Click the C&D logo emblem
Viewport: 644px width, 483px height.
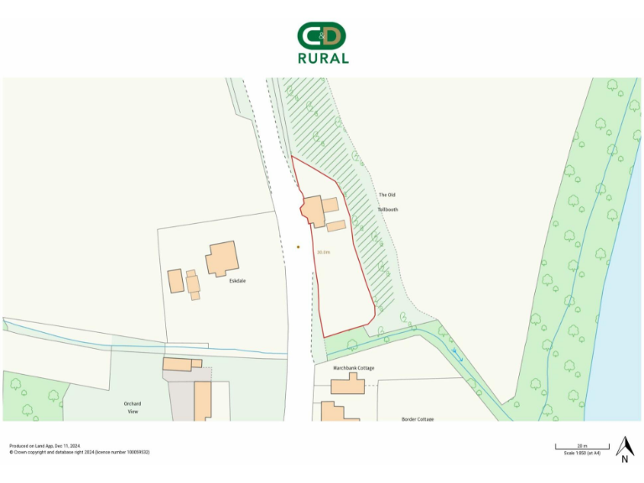click(322, 35)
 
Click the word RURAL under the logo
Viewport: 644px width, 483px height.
click(323, 59)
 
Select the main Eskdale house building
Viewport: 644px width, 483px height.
click(222, 258)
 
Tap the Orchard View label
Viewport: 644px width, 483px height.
click(132, 408)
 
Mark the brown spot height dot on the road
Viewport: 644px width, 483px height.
click(298, 247)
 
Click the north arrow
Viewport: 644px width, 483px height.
click(624, 449)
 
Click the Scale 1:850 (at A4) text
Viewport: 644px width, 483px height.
click(581, 453)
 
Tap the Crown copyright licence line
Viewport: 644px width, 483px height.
click(80, 452)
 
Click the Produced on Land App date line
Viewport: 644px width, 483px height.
click(44, 446)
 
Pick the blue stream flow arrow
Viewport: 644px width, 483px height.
click(457, 355)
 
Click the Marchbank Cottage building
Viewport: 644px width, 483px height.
click(347, 385)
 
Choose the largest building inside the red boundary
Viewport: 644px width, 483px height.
click(313, 210)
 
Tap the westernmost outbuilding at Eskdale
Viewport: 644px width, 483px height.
click(175, 280)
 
